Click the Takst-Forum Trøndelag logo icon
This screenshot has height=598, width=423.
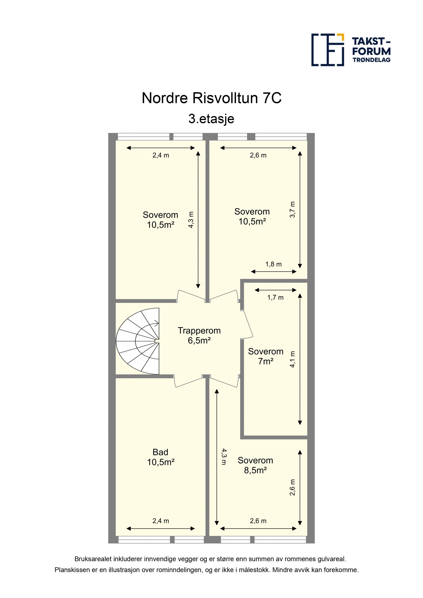pyautogui.click(x=328, y=50)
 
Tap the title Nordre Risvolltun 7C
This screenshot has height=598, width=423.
pyautogui.click(x=212, y=98)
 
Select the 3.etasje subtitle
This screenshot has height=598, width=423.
pyautogui.click(x=211, y=119)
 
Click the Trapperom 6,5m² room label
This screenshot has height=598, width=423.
pyautogui.click(x=199, y=335)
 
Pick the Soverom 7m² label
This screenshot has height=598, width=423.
pyautogui.click(x=266, y=356)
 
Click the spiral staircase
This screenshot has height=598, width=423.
pyautogui.click(x=138, y=341)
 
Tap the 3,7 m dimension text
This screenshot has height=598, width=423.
pyautogui.click(x=292, y=210)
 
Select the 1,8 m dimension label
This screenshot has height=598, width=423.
pyautogui.click(x=273, y=264)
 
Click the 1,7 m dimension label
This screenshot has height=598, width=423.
pyautogui.click(x=275, y=298)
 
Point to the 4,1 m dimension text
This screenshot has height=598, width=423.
pyautogui.click(x=292, y=359)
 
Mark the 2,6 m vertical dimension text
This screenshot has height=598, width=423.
pyautogui.click(x=292, y=487)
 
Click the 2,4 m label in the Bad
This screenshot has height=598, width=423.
pyautogui.click(x=160, y=521)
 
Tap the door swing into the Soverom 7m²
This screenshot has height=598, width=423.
pyautogui.click(x=247, y=324)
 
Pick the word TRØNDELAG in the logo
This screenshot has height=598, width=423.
pyautogui.click(x=371, y=60)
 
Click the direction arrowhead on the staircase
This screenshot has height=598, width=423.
pyautogui.click(x=157, y=323)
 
